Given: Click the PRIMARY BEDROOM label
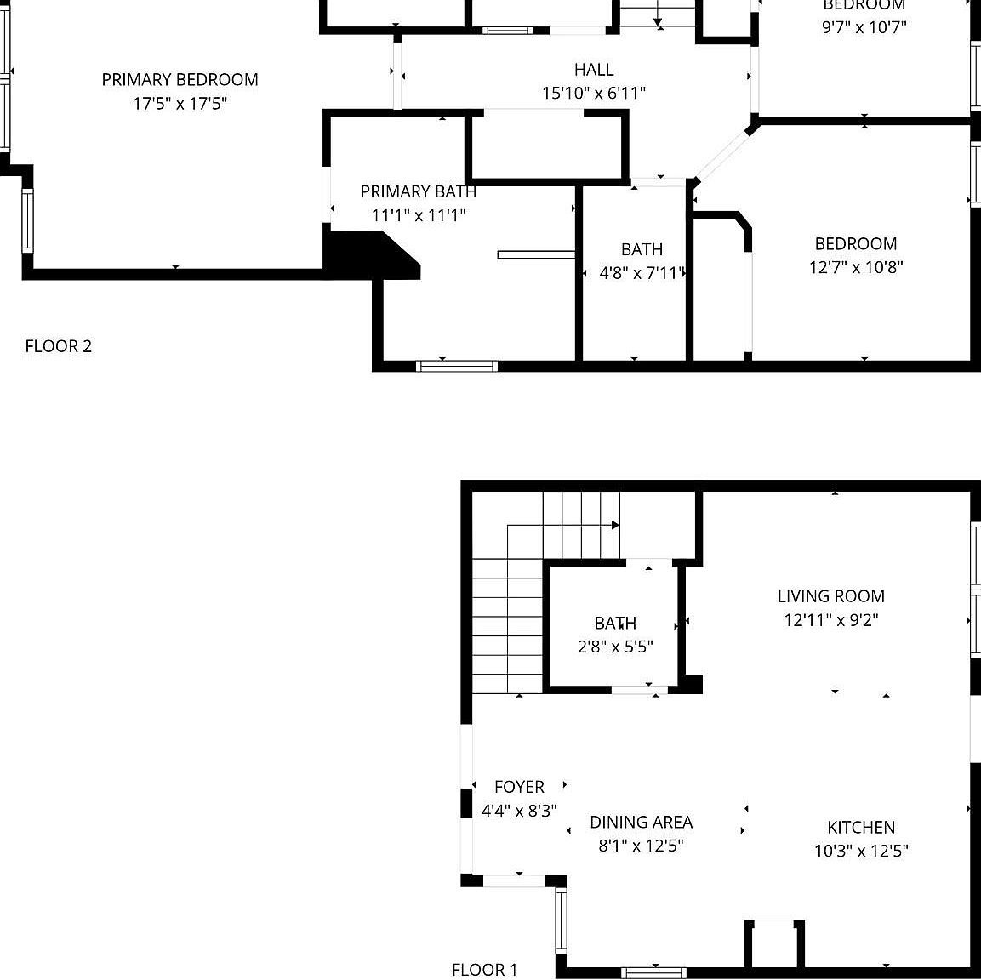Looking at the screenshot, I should coord(180,80).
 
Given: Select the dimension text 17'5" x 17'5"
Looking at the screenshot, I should coord(180,104).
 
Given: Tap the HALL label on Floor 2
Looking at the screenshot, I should coord(593,70).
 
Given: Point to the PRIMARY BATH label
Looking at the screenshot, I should coord(418,191).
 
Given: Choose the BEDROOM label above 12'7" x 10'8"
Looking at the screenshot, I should coord(855,244).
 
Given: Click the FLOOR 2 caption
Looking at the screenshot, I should coord(58,346).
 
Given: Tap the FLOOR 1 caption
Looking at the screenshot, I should coord(484,970).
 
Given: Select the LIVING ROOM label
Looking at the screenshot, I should coord(830,596).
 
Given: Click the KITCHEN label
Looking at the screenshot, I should coord(860,827).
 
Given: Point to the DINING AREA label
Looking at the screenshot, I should coord(641,822).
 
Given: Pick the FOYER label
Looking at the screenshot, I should coord(518,787).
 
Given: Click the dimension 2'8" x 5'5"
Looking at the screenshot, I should coord(615,647).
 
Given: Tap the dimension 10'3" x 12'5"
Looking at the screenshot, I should coord(860,851).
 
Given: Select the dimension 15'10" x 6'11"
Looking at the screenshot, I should coord(593,94).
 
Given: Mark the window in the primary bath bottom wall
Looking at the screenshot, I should coord(456,366).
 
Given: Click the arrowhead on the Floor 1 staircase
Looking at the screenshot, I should coord(615,526).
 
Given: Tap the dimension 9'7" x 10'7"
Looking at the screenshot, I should coord(864,27).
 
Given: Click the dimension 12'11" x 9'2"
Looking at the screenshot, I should coord(830,620).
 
